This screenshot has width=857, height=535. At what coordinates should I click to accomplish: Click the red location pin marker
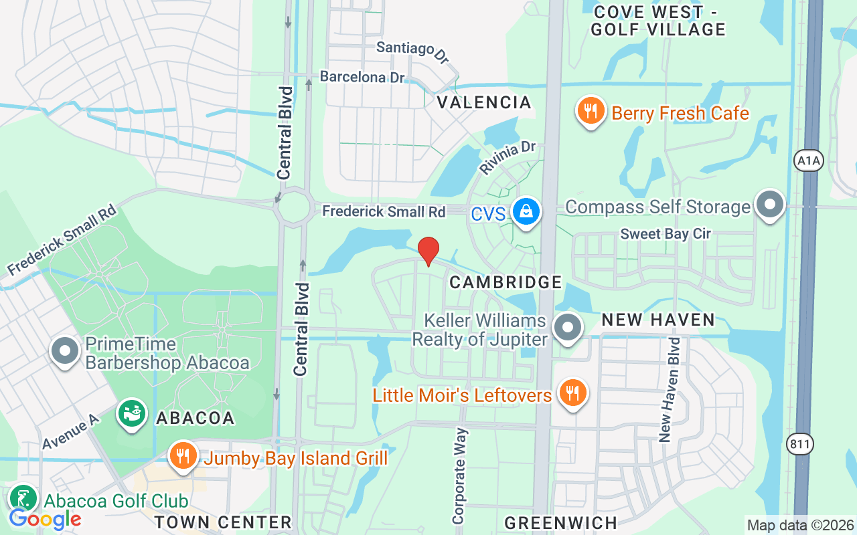click(x=428, y=251)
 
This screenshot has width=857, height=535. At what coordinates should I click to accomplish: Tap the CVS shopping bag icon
click(x=526, y=212)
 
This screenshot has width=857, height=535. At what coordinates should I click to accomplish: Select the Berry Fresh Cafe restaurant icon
click(x=590, y=112)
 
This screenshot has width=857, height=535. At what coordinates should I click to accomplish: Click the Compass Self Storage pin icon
click(x=770, y=204)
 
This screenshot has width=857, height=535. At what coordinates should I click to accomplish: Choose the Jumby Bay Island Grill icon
click(x=181, y=456)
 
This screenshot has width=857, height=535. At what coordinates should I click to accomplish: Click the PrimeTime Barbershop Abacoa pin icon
click(x=66, y=350)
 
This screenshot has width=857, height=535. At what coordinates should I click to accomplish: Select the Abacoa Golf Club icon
click(x=23, y=499)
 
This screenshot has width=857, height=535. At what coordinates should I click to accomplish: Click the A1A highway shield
click(x=807, y=160)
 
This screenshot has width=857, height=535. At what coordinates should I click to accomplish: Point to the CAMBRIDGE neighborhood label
click(x=505, y=282)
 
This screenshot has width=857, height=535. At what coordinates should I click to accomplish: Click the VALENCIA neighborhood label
click(x=484, y=102)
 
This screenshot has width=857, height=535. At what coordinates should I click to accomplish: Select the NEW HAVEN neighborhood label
click(x=658, y=320)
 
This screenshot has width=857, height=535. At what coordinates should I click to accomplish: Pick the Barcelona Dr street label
click(x=362, y=77)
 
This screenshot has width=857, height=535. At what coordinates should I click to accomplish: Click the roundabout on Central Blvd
click(x=293, y=208)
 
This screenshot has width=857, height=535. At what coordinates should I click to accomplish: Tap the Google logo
click(x=45, y=518)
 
